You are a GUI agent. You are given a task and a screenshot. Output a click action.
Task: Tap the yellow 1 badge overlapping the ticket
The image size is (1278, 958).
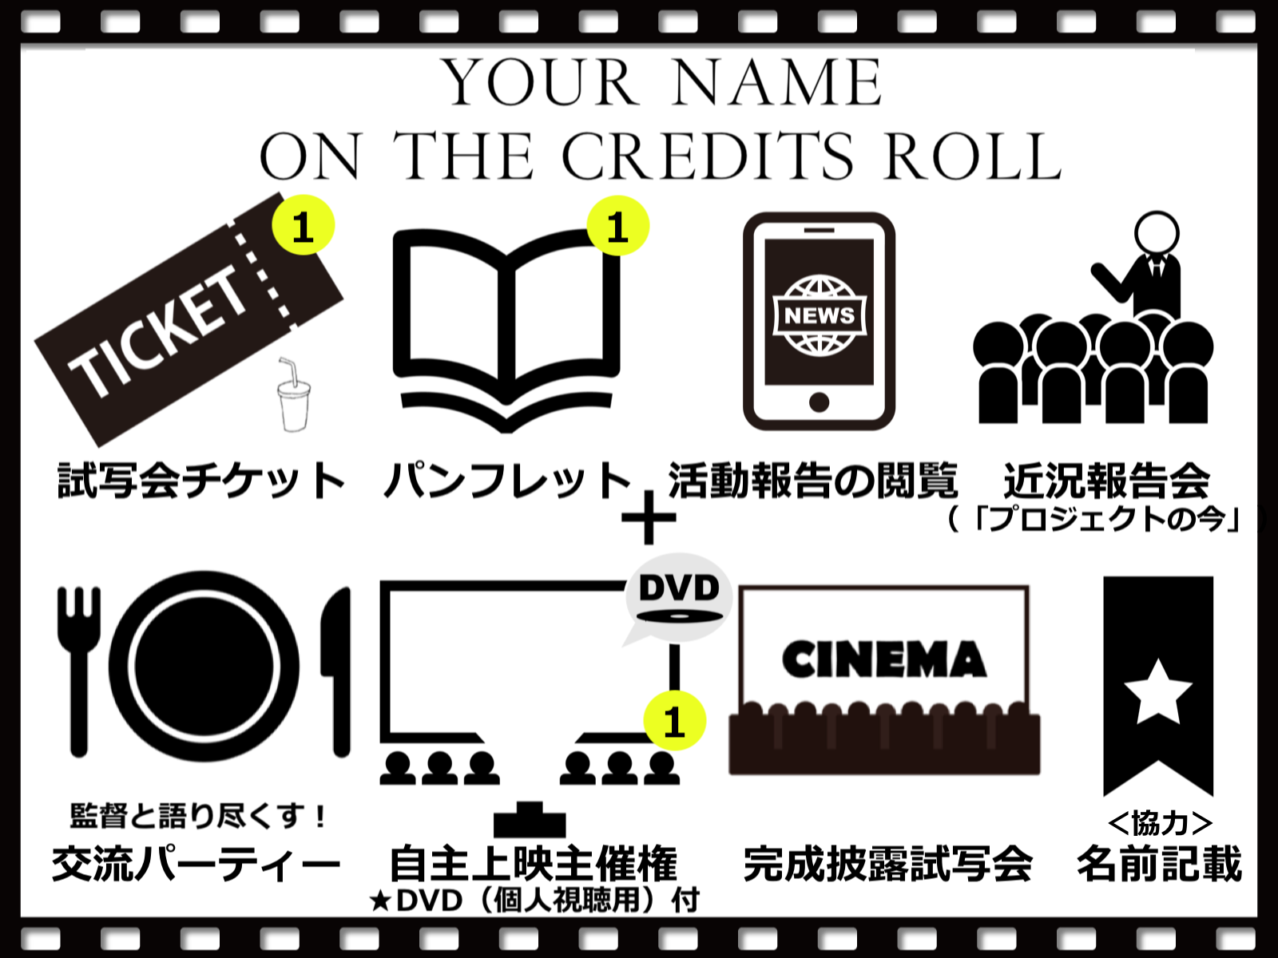[x=304, y=225]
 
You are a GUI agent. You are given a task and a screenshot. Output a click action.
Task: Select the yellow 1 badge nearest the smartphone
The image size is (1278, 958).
[x=618, y=226]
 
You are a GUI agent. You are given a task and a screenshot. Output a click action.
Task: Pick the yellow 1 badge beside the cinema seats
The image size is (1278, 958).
[x=675, y=721]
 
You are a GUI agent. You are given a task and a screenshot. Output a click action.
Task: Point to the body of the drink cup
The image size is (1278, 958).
[x=294, y=411]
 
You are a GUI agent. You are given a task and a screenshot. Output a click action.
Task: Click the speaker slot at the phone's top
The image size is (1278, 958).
[x=819, y=231]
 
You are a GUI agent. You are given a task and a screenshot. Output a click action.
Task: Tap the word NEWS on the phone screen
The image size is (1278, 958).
[x=820, y=315]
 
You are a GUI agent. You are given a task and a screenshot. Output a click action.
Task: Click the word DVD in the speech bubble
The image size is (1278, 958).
[x=679, y=588]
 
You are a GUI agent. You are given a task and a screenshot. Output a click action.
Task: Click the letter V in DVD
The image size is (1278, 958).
[x=679, y=588]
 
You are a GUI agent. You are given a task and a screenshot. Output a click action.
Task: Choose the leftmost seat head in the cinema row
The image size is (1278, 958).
[x=752, y=708]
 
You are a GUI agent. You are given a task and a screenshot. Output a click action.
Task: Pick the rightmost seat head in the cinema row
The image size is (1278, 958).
[x=1016, y=708]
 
